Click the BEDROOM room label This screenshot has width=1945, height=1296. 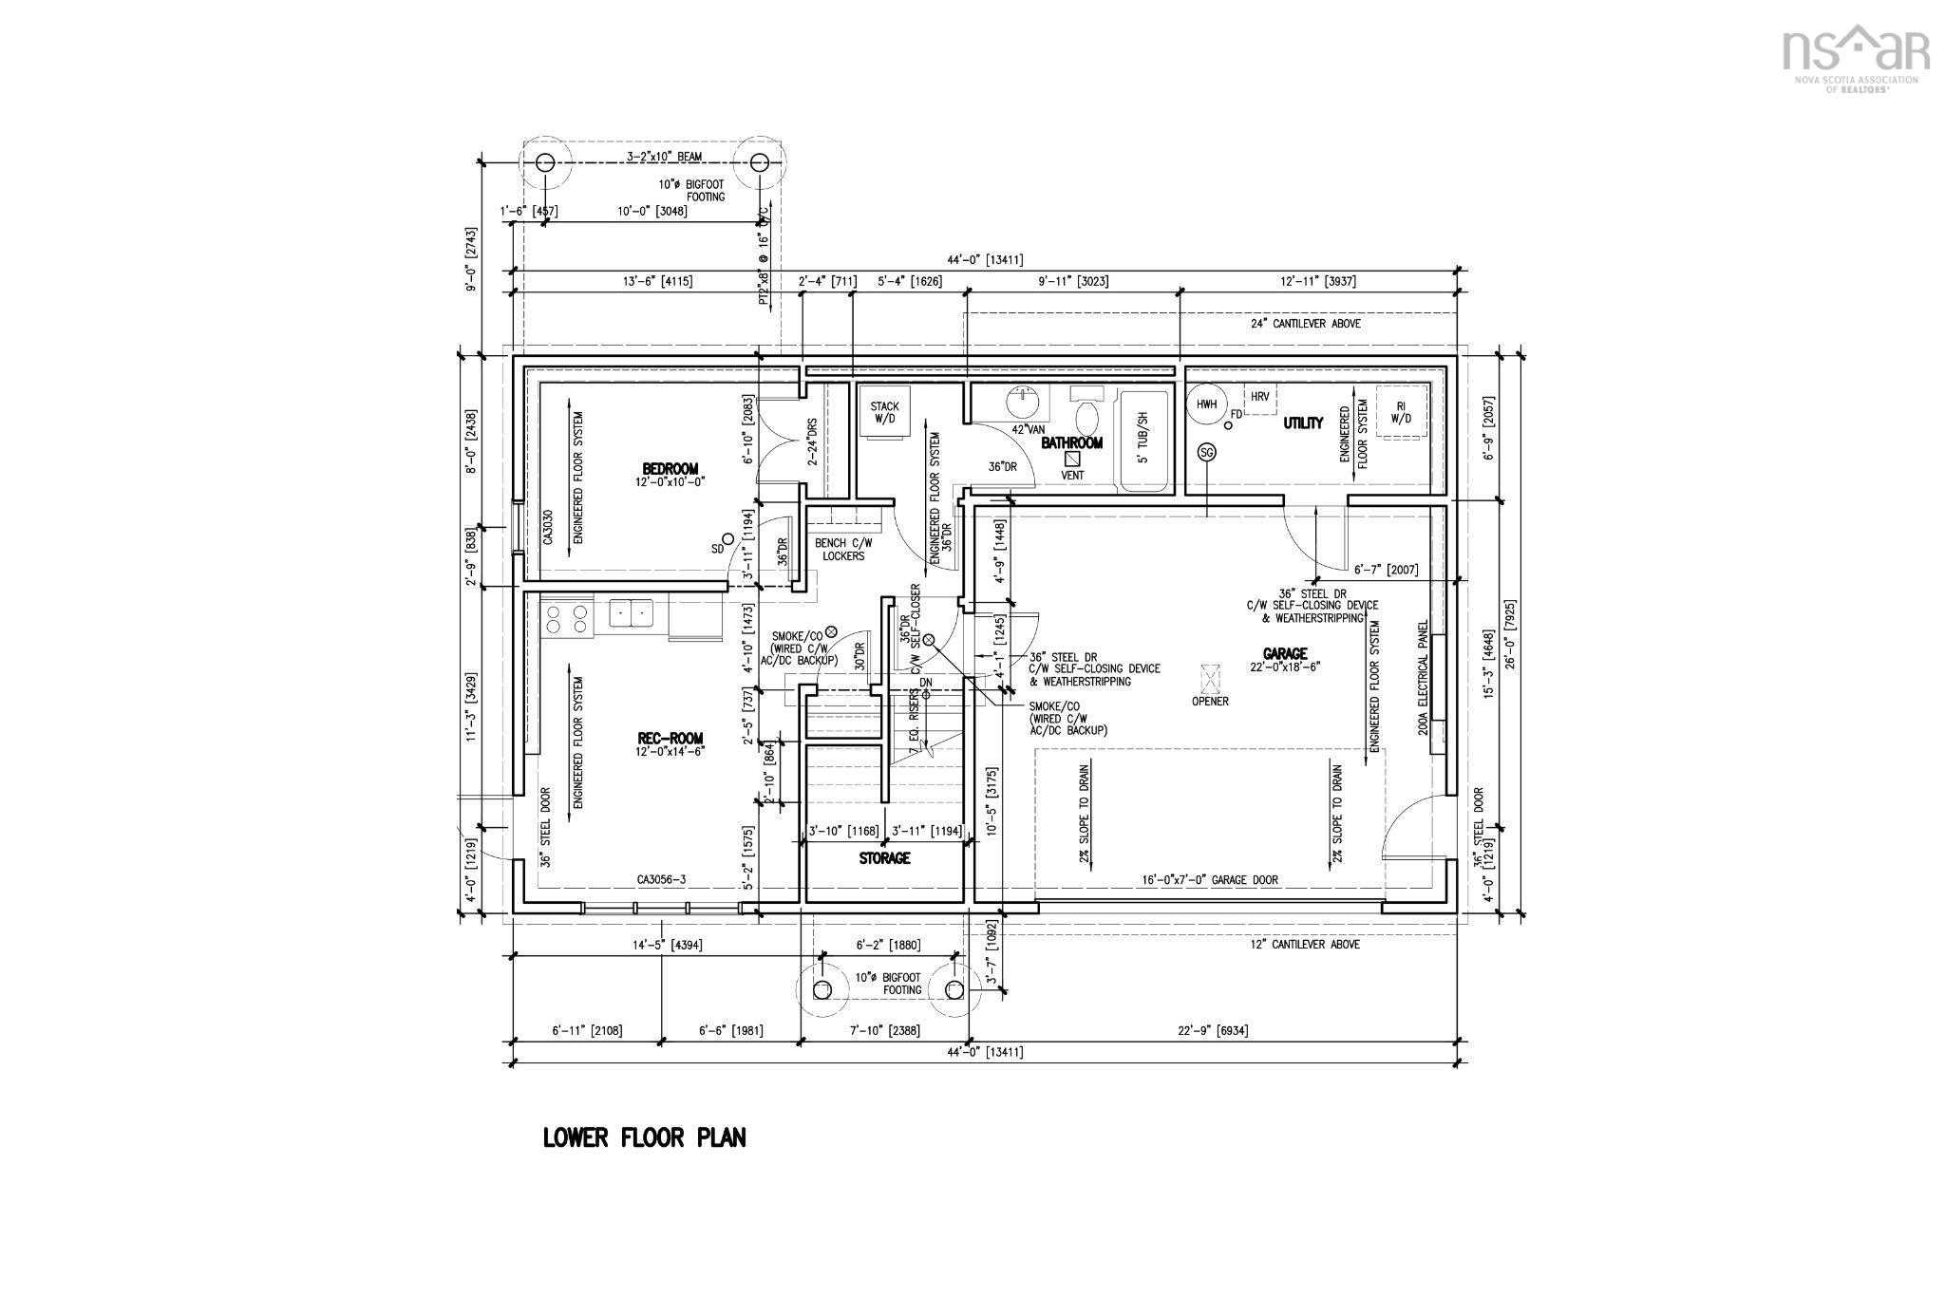(x=670, y=468)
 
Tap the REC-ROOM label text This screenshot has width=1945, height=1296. (x=670, y=739)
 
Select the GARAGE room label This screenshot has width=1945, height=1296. (x=1285, y=653)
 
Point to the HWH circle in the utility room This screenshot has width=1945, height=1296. (x=1206, y=404)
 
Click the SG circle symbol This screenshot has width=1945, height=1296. (x=1207, y=453)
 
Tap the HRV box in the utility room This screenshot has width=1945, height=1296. (x=1259, y=397)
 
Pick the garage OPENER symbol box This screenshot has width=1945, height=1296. (x=1210, y=679)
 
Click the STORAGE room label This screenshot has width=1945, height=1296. (x=884, y=858)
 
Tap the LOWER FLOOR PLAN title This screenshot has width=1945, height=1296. (x=644, y=1137)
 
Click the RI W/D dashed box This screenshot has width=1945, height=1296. (x=1400, y=412)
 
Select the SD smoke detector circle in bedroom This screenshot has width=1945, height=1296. (x=727, y=538)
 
